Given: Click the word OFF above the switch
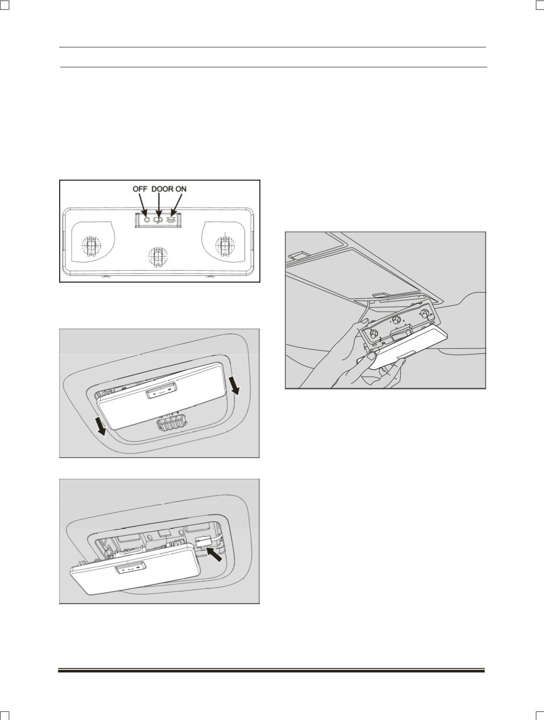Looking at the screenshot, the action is (x=140, y=189).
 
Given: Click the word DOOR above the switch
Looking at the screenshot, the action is (x=162, y=189).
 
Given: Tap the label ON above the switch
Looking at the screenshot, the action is (x=181, y=189).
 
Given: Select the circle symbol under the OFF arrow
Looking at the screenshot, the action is (x=147, y=219).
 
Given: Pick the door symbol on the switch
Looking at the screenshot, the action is (x=158, y=219).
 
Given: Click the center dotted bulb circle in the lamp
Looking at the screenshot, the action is (x=158, y=256).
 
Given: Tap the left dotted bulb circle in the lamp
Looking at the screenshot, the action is (x=91, y=245).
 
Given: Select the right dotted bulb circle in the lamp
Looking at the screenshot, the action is (x=225, y=245).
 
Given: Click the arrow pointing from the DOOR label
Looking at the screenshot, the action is (x=158, y=204).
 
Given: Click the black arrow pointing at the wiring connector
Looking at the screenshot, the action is (x=215, y=555).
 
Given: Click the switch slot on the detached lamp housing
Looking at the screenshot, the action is (x=398, y=336).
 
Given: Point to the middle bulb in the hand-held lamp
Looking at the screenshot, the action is (x=396, y=319).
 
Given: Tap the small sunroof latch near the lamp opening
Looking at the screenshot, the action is (x=381, y=295).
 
